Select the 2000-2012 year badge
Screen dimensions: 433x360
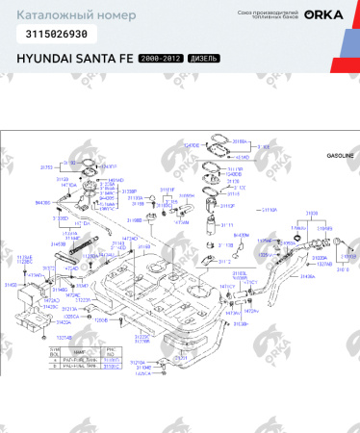(x=161, y=59)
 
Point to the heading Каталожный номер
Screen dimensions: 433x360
(x=59, y=13)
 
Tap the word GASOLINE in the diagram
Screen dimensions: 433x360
(x=340, y=155)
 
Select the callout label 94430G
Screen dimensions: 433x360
(x=43, y=203)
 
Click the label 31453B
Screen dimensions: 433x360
(x=57, y=244)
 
